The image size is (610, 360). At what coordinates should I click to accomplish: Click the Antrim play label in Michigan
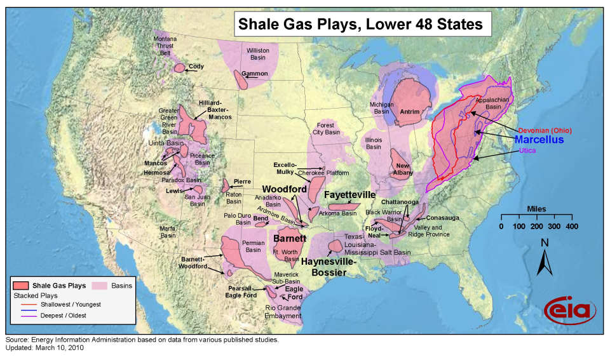point(410,112)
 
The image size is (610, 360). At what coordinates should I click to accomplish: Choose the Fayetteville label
point(350,194)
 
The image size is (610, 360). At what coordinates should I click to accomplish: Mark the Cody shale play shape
point(180,67)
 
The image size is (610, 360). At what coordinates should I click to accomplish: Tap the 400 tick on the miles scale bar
point(572,227)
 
